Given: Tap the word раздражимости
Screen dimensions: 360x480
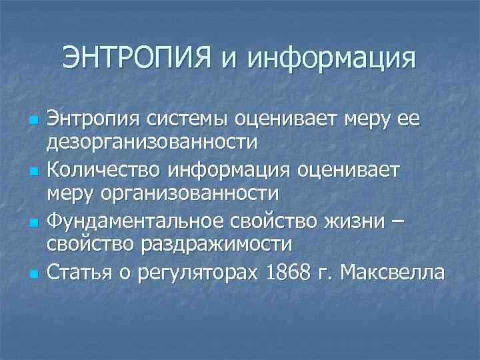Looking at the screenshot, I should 215,244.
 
